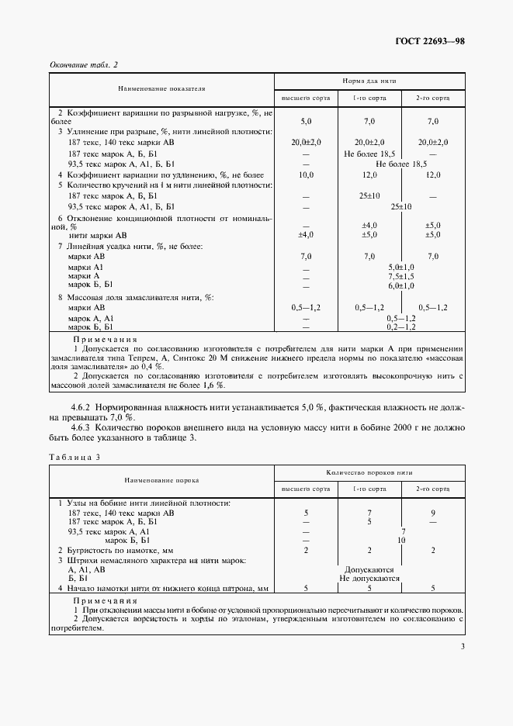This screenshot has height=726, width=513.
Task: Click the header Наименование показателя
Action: [x=161, y=89]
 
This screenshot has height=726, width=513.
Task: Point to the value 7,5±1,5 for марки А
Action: [x=401, y=275]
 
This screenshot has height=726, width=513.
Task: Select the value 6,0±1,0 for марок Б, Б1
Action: [x=401, y=285]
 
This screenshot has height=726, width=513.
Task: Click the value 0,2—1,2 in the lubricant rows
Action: [x=401, y=328]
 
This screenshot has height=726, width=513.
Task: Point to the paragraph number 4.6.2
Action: [x=82, y=407]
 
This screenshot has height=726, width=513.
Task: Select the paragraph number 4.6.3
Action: [x=82, y=427]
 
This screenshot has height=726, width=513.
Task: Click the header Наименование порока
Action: [x=161, y=480]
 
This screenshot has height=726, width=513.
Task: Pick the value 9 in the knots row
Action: [x=433, y=513]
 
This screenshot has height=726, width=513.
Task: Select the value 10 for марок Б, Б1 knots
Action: [x=401, y=540]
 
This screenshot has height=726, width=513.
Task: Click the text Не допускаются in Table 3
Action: [x=369, y=578]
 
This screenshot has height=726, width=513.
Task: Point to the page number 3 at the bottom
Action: [x=462, y=646]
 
